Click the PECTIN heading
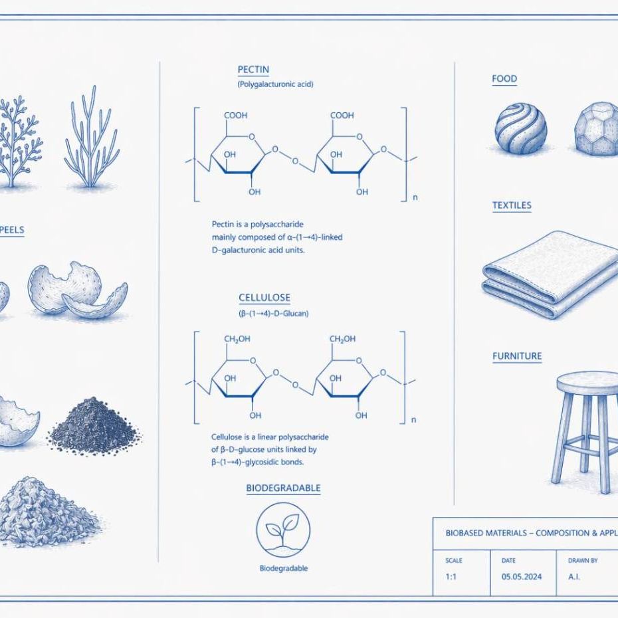click(253, 70)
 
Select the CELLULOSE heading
click(264, 298)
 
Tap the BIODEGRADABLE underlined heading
click(283, 488)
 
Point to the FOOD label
click(504, 79)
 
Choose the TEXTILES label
click(512, 205)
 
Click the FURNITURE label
click(517, 356)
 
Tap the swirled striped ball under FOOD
click(521, 128)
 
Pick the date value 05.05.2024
click(522, 577)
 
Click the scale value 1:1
click(451, 577)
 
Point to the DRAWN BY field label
click(583, 560)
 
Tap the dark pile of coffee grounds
click(94, 426)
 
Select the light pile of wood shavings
click(47, 511)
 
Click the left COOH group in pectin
click(236, 116)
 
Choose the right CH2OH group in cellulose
click(342, 340)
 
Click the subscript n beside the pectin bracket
click(415, 197)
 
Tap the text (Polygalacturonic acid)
click(276, 84)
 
